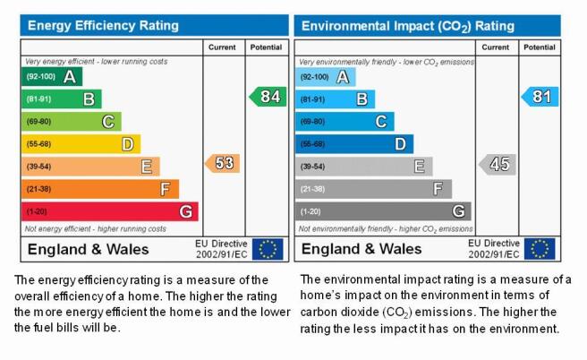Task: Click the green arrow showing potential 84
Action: pyautogui.click(x=268, y=97)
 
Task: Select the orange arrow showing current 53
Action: pyautogui.click(x=223, y=163)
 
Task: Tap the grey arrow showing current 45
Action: pyautogui.click(x=498, y=164)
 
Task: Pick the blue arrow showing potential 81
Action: pyautogui.click(x=540, y=97)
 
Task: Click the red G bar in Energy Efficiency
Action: pyautogui.click(x=110, y=211)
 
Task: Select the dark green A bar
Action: pyautogui.click(x=52, y=76)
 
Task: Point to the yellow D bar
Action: pyautogui.click(x=81, y=144)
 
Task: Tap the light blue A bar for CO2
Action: pyautogui.click(x=326, y=77)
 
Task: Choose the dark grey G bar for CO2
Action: pyautogui.click(x=383, y=211)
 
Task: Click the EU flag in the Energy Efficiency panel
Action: pyautogui.click(x=268, y=249)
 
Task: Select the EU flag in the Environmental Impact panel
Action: pyautogui.click(x=540, y=249)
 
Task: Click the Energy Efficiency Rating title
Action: pyautogui.click(x=103, y=25)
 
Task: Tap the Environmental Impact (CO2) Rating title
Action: pyautogui.click(x=408, y=26)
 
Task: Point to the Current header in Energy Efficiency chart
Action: pyautogui.click(x=222, y=47)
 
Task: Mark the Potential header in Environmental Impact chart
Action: pyautogui.click(x=540, y=47)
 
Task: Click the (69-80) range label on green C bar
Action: pyautogui.click(x=38, y=122)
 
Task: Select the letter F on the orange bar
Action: pyautogui.click(x=165, y=189)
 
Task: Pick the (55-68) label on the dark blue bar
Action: pyautogui.click(x=312, y=144)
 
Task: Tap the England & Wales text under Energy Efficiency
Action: pyautogui.click(x=88, y=250)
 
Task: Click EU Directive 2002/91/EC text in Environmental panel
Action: pyautogui.click(x=494, y=249)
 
